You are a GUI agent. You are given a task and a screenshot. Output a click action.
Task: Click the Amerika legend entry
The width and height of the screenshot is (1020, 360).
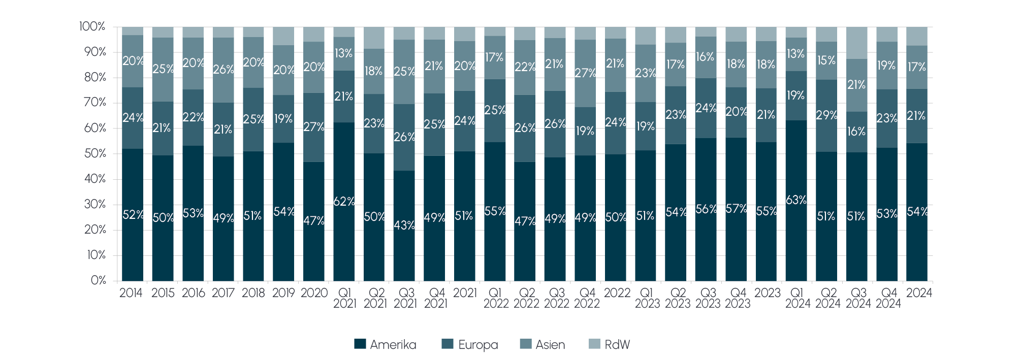coord(385,345)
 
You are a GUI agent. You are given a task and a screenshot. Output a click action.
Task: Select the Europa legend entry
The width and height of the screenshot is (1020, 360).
coord(470,345)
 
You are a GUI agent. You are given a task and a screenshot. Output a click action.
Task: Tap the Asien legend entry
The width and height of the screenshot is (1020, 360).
coord(543,345)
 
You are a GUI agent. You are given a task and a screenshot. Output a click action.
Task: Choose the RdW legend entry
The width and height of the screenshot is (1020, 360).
coord(610,345)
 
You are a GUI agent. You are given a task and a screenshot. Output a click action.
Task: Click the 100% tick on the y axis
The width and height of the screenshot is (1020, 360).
coord(92,26)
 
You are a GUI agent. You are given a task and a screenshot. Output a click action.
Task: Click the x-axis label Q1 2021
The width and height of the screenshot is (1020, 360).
coord(344,298)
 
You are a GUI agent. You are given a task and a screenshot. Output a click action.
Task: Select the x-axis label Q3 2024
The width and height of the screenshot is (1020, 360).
coord(858,298)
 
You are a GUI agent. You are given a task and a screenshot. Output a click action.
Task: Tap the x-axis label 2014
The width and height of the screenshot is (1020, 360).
coord(131,293)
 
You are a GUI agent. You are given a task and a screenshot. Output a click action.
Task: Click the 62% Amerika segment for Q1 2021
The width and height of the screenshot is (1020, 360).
coord(344,202)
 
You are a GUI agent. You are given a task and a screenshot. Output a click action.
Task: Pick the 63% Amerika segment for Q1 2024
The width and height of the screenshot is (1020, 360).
coord(796,200)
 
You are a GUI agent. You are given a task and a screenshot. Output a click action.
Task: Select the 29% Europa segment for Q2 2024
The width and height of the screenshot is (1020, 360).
coord(826,115)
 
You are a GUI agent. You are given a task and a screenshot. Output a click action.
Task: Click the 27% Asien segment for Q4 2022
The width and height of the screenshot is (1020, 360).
coord(585,73)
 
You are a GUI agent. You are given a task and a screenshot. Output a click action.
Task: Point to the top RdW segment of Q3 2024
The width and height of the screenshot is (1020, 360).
coord(856,43)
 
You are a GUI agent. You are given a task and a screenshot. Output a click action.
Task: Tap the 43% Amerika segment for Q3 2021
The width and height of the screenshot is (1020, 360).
coord(404,225)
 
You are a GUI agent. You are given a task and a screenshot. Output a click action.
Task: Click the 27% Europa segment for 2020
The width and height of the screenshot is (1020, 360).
coord(313,127)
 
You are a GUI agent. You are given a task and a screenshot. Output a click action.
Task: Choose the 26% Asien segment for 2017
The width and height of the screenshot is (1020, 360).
coord(223,70)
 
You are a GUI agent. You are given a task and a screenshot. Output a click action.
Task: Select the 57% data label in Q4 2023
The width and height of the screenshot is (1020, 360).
coord(736,209)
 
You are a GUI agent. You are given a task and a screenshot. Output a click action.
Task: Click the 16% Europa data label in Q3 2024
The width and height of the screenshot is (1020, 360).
coord(856,132)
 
